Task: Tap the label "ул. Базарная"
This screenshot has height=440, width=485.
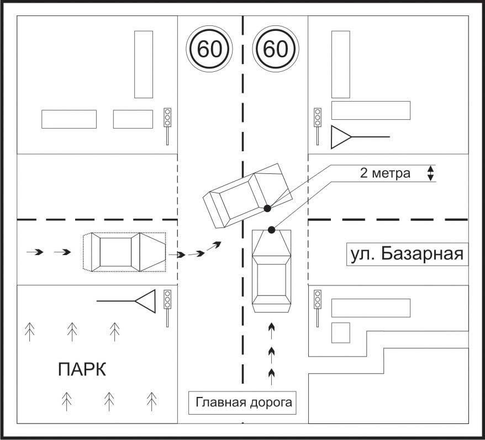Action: [x=406, y=255]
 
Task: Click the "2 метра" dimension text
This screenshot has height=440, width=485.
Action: [x=385, y=173]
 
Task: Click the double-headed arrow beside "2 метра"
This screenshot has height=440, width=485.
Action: [x=431, y=173]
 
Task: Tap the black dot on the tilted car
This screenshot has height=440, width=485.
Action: [x=267, y=208]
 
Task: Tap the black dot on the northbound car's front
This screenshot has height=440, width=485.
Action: [x=271, y=229]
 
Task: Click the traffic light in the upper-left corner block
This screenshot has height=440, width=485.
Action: [x=167, y=118]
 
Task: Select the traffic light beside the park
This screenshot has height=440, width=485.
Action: [x=167, y=299]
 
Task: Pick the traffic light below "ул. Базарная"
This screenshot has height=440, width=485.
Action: [x=318, y=299]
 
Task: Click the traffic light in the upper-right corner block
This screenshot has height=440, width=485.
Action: [x=318, y=118]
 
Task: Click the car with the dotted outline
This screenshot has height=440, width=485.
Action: [x=124, y=252]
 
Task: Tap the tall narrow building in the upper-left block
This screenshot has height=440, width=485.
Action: [x=144, y=64]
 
